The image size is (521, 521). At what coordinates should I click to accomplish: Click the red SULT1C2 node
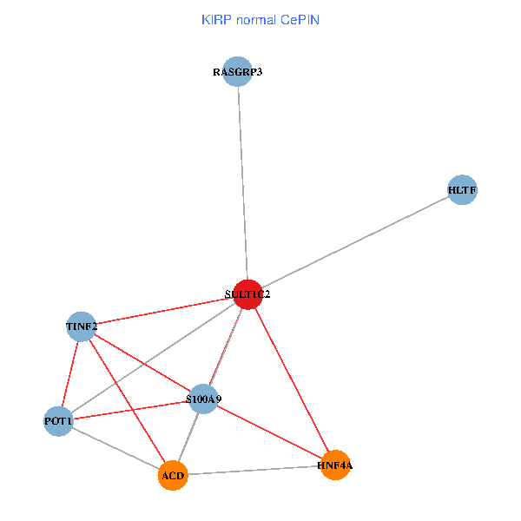pyautogui.click(x=247, y=294)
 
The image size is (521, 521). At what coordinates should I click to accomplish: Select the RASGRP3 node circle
pyautogui.click(x=237, y=71)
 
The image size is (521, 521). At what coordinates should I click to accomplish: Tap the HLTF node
pyautogui.click(x=463, y=189)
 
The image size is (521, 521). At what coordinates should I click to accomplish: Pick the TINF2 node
pyautogui.click(x=81, y=326)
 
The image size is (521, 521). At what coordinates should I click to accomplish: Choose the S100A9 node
pyautogui.click(x=203, y=399)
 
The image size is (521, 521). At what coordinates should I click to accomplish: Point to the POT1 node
pyautogui.click(x=58, y=421)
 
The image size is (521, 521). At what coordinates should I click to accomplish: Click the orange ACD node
pyautogui.click(x=173, y=476)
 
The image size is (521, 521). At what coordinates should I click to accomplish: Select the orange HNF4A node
pyautogui.click(x=335, y=465)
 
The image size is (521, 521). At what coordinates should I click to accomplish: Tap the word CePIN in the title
pyautogui.click(x=300, y=19)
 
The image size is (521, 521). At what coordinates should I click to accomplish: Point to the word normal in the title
pyautogui.click(x=256, y=19)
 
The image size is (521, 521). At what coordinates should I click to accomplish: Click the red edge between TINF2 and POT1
pyautogui.click(x=69, y=373)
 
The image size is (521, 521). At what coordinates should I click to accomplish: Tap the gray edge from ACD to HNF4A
pyautogui.click(x=254, y=471)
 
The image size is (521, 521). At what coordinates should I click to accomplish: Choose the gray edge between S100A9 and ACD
pyautogui.click(x=188, y=437)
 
